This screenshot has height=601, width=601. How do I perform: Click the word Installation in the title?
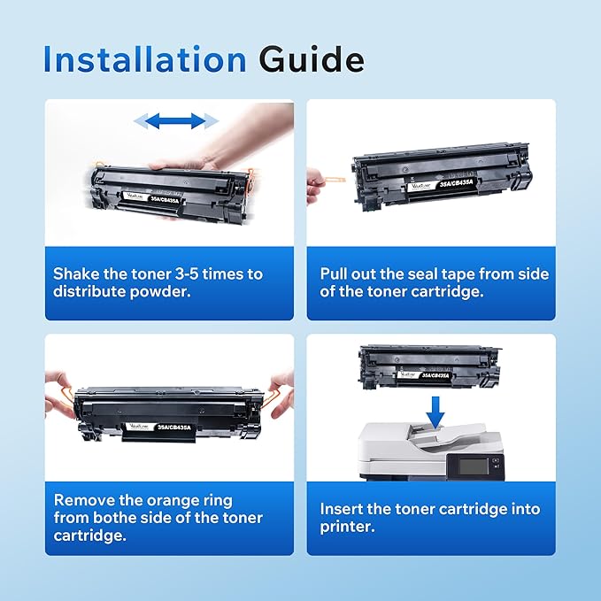pos(144,59)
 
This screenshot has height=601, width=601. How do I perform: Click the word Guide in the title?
pos(311,59)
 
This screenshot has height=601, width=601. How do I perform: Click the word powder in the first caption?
pos(167,292)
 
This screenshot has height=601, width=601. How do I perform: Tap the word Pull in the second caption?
pos(335,274)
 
